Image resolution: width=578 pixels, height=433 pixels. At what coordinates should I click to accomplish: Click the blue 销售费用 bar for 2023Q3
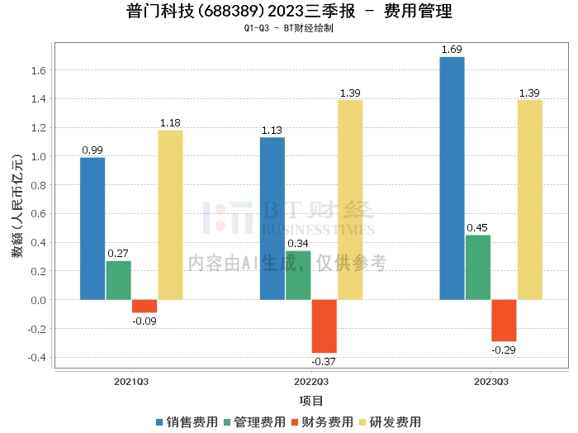tap(452, 178)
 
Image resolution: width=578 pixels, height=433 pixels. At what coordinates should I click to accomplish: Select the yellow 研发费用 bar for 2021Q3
tap(170, 215)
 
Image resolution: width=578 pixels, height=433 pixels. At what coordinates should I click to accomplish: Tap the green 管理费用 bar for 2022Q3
tap(298, 275)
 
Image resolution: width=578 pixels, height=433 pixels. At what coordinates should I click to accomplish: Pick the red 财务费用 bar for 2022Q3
tap(324, 326)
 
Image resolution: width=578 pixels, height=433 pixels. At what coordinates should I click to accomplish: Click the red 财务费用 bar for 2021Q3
tap(144, 306)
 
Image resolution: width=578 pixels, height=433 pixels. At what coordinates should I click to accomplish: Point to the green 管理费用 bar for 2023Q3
tap(477, 267)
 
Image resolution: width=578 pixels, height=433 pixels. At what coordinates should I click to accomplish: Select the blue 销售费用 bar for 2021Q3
tap(92, 228)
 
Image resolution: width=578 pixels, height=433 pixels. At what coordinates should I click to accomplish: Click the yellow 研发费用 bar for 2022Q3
tap(350, 199)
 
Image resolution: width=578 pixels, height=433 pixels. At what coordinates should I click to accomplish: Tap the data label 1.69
tap(452, 50)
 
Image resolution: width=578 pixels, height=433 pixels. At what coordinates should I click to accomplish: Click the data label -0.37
tap(323, 362)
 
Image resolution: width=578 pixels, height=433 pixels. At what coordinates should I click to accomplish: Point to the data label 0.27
tap(118, 254)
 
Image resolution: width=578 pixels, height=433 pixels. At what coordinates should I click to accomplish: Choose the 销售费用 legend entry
tap(187, 422)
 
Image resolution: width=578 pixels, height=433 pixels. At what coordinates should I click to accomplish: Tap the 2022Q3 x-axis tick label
tap(311, 382)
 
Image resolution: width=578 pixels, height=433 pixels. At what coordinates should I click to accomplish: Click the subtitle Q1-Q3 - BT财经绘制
tap(289, 28)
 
